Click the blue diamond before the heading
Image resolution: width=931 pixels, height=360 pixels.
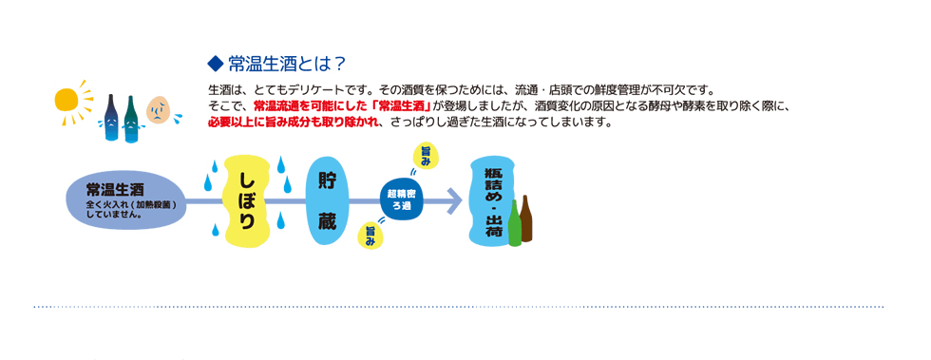(215, 63)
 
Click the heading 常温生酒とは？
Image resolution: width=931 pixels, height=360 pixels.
(286, 63)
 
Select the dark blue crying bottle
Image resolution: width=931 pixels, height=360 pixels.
(111, 118)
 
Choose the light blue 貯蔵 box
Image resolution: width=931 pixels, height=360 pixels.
(327, 203)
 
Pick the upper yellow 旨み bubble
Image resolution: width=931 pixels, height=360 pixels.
(425, 156)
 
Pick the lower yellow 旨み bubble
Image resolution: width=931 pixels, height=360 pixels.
(370, 236)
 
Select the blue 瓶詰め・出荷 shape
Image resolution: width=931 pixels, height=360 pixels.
(493, 201)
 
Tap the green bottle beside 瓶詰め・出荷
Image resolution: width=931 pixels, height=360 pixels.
(514, 223)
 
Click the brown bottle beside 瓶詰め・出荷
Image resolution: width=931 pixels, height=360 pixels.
(525, 218)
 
